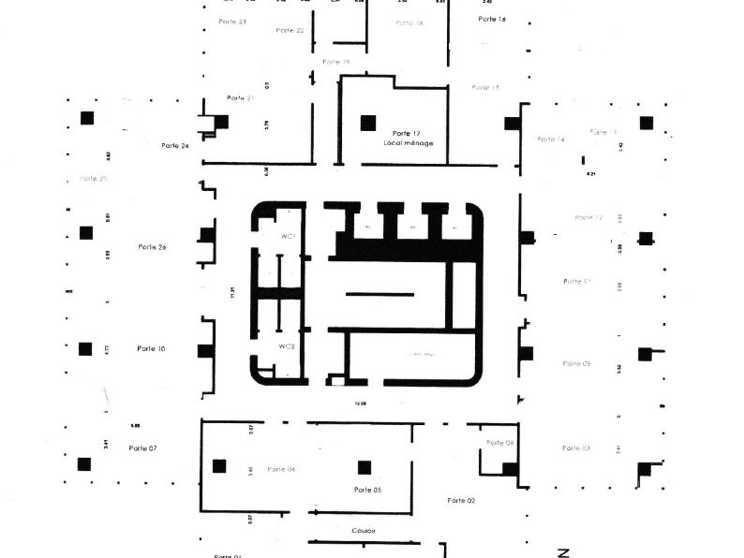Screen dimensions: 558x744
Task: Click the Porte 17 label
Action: coord(406,133)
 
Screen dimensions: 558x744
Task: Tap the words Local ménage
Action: coord(408,143)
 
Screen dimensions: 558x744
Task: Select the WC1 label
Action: coord(287,237)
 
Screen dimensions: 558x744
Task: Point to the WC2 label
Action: coord(287,346)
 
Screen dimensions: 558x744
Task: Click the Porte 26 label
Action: coord(152,247)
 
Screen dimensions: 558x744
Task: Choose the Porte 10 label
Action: coord(151,348)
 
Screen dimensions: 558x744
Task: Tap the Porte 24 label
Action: coord(174,145)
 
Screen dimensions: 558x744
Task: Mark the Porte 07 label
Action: coord(142,448)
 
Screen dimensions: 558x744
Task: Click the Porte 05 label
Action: coord(368,490)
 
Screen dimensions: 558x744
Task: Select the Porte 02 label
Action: coord(461,501)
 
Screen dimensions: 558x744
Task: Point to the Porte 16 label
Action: coord(492,19)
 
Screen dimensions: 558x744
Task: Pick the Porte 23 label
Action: coord(232,21)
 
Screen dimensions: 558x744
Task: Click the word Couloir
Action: coord(364,531)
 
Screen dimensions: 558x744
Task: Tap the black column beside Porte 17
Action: coord(368,122)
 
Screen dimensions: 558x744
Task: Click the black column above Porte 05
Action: coord(365,467)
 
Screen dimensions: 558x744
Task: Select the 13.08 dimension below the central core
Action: coord(359,404)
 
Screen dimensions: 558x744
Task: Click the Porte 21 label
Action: coord(241,98)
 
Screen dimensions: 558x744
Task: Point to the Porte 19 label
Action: coord(335,62)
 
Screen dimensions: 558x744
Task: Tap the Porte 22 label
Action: coord(290,31)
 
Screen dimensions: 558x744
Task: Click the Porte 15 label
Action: coord(485,87)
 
